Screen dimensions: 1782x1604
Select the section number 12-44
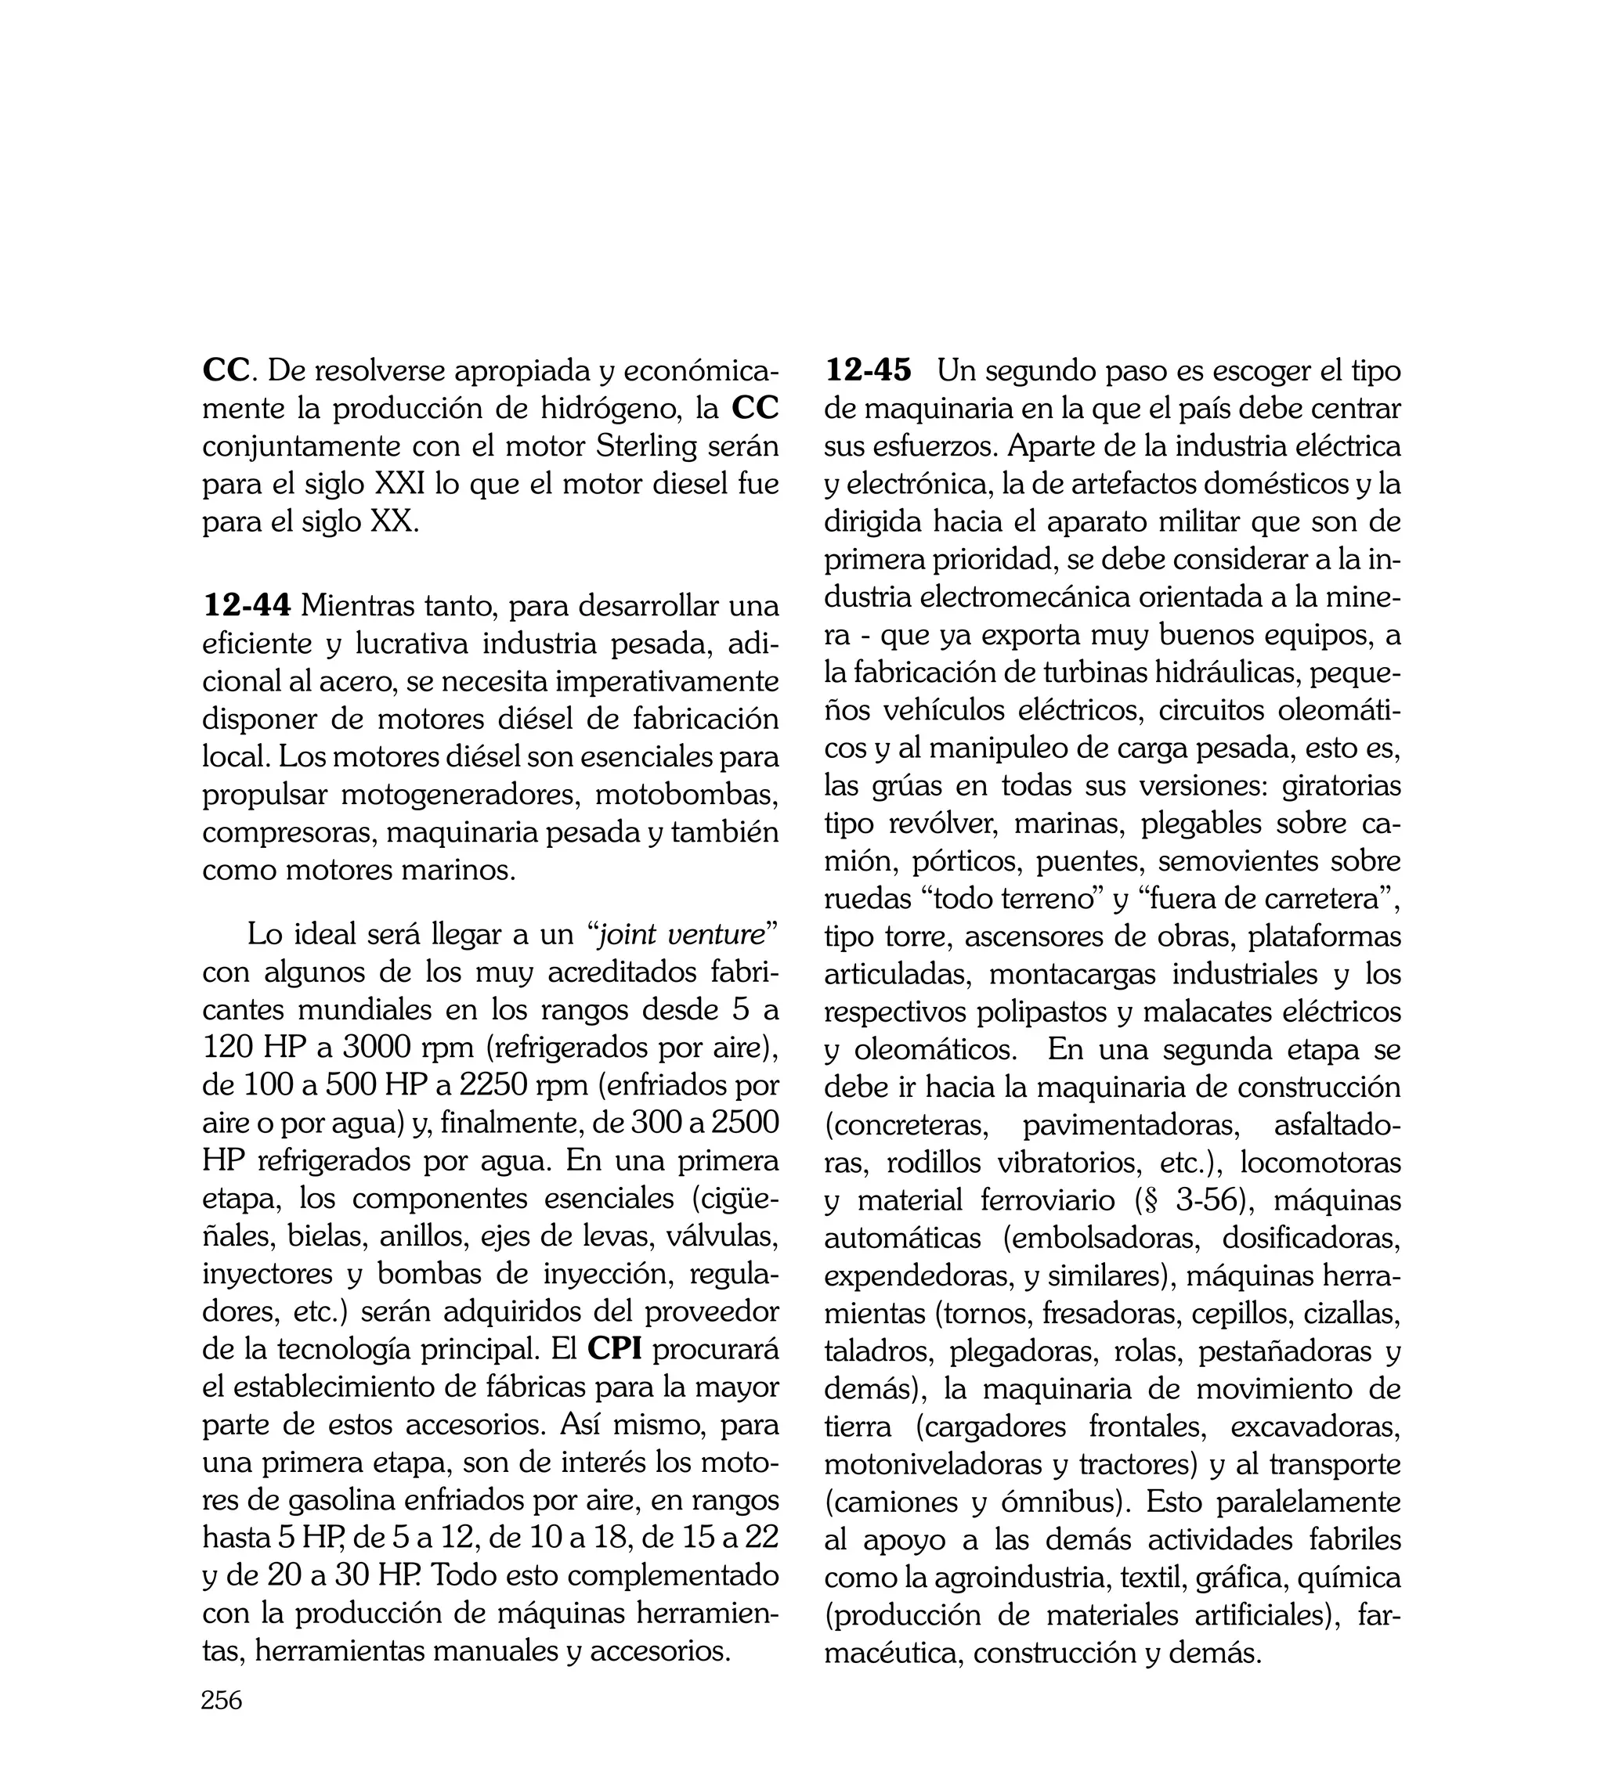click(247, 606)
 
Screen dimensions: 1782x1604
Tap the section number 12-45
click(868, 370)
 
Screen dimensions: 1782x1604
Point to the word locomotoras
click(1320, 1162)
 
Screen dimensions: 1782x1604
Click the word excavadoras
click(1315, 1425)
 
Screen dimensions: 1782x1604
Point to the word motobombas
click(687, 795)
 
